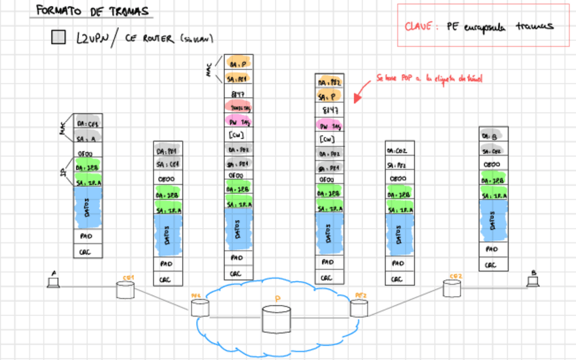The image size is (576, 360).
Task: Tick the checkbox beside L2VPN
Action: [58, 37]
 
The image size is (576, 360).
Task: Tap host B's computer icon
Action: [533, 280]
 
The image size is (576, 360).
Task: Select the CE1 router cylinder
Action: [125, 291]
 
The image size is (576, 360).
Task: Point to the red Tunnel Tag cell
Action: [239, 107]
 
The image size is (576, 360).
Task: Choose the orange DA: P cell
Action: [239, 63]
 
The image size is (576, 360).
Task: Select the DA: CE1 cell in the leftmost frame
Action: [88, 124]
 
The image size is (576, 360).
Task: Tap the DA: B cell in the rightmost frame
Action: [492, 136]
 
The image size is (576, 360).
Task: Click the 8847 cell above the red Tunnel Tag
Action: [239, 93]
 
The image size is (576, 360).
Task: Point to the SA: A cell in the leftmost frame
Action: [88, 138]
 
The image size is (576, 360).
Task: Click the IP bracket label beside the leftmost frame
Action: [65, 175]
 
